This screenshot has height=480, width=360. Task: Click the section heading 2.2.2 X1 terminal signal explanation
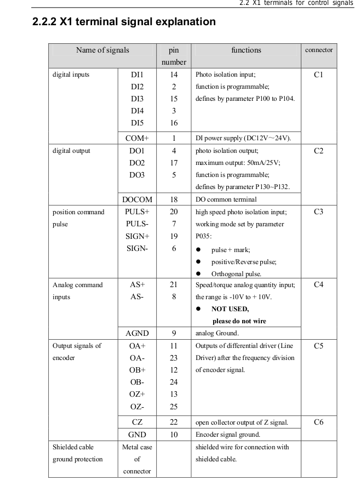point(124,22)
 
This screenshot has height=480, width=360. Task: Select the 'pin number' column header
point(174,56)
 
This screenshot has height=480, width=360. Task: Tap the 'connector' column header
point(319,50)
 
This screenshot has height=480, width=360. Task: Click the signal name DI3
point(137,99)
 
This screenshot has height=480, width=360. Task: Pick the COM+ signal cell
point(137,138)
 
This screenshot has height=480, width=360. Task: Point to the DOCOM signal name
point(137,200)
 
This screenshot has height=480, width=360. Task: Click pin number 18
point(174,200)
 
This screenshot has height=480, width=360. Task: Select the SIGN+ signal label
point(137,236)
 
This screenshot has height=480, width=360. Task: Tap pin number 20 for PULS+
point(174,212)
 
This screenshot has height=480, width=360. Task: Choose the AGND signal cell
point(137,333)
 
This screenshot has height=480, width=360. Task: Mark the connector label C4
point(318,285)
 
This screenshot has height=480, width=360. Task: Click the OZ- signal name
point(137,406)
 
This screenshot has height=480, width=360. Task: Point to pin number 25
point(174,406)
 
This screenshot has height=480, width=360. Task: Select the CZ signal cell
point(137,422)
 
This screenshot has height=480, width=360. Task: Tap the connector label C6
point(318,422)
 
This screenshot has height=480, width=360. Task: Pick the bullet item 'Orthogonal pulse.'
point(236,273)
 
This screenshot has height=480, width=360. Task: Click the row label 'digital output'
point(71,151)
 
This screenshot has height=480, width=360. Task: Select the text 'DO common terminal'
point(225,200)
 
